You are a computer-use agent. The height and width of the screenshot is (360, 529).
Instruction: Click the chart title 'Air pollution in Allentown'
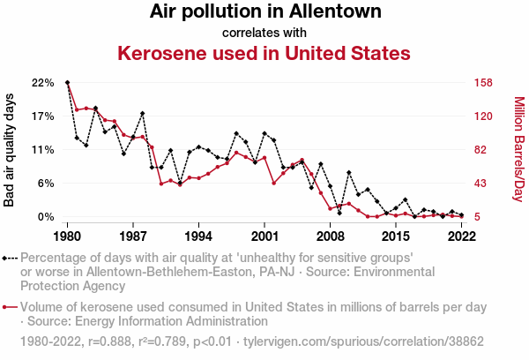click(265, 12)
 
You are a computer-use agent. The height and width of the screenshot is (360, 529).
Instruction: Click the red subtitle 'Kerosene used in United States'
click(264, 53)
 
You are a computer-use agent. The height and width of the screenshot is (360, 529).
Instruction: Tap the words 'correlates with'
click(264, 34)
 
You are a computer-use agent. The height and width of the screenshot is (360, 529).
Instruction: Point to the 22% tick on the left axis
click(42, 83)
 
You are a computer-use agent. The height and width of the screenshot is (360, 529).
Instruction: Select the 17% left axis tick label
click(42, 116)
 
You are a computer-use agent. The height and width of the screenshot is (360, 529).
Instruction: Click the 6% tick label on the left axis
click(45, 184)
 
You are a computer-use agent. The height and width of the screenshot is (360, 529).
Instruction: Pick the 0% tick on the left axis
click(45, 217)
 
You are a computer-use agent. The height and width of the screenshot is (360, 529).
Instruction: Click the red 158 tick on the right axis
click(482, 83)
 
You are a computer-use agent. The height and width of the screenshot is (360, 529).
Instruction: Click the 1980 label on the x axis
click(68, 236)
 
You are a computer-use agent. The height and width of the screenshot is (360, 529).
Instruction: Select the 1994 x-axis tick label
click(199, 236)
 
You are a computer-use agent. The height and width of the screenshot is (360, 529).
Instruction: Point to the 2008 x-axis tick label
click(330, 236)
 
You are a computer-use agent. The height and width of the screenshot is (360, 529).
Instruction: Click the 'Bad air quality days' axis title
click(10, 150)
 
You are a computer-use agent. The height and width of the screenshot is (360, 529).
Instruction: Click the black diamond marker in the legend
click(10, 258)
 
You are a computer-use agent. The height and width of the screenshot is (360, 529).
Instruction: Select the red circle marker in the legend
click(10, 307)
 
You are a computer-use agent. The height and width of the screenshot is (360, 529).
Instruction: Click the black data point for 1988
click(142, 114)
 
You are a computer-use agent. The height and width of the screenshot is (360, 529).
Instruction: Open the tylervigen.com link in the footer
click(388, 341)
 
